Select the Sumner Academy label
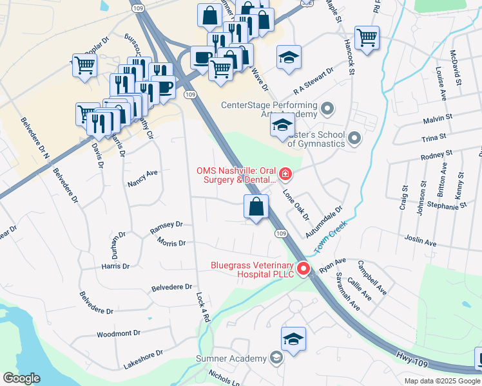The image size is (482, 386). (231, 358)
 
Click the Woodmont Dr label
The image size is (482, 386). (119, 334)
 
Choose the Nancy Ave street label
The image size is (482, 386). (143, 178)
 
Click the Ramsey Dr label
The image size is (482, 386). (166, 225)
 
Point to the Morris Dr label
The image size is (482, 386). (171, 243)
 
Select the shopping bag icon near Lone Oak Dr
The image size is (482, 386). (256, 207)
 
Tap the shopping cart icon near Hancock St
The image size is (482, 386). (367, 37)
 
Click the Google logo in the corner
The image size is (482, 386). (21, 378)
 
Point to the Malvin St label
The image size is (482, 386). (439, 120)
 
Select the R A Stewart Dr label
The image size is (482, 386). (313, 79)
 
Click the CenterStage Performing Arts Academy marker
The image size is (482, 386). (327, 107)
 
